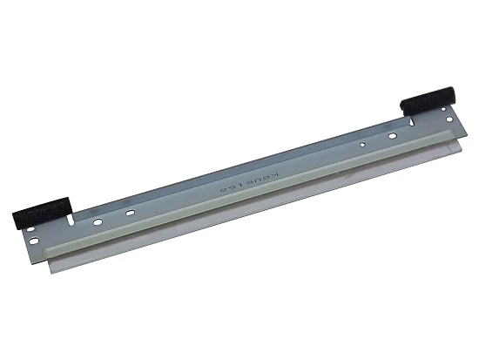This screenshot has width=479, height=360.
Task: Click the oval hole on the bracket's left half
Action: (129, 212)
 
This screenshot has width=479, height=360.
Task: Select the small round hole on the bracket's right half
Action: (361, 144)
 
